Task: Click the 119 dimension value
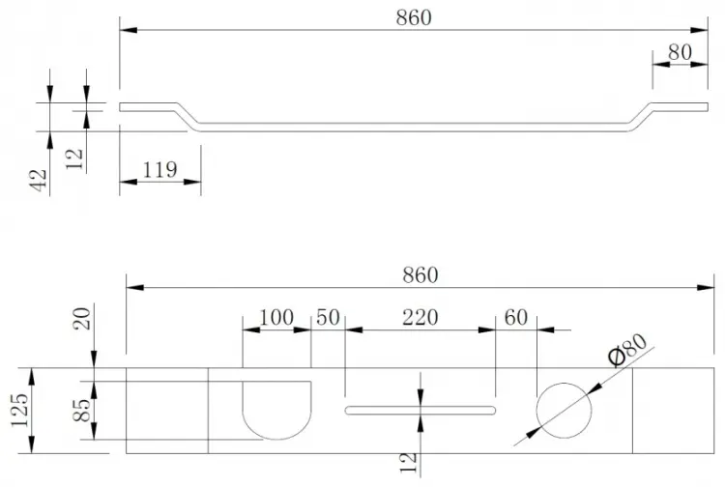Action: pos(159,169)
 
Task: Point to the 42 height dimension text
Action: pos(39,180)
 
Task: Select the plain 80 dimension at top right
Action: pos(680,52)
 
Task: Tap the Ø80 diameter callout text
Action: pos(627,350)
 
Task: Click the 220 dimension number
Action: pos(420,318)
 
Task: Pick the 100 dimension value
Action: pos(275,318)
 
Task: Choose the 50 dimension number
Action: pos(328,318)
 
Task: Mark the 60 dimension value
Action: pos(515,318)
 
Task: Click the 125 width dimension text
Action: pos(19,411)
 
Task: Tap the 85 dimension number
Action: pos(82,410)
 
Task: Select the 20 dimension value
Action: pos(82,318)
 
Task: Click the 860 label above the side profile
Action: pos(414,17)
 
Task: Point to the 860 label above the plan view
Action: pos(420,275)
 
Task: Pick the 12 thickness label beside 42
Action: pos(74,158)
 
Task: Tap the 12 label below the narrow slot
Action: pos(408,463)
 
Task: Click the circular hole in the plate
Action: pos(564,384)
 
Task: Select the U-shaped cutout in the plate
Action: pos(276,439)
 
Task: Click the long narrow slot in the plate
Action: pos(420,406)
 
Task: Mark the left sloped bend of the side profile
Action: pos(188,116)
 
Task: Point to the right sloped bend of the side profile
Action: pos(640,116)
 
